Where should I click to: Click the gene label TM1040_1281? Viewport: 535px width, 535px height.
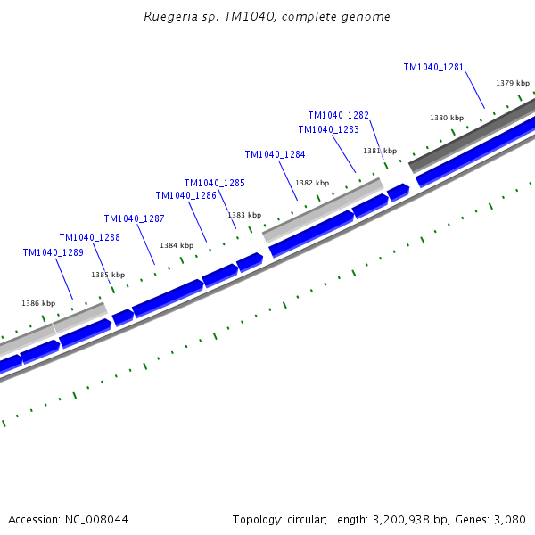(433, 67)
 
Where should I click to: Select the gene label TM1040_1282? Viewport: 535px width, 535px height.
(338, 115)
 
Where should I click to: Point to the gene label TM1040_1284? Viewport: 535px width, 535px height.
(275, 154)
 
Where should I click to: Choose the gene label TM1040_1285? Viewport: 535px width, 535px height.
(214, 183)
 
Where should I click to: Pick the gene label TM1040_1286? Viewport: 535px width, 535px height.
(185, 195)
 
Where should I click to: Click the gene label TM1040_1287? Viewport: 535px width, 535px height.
(134, 218)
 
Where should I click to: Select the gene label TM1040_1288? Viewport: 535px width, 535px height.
(89, 237)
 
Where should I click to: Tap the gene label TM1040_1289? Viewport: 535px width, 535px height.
(53, 252)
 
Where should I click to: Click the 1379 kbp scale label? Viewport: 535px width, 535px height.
(513, 83)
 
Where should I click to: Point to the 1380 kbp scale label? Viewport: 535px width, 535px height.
(447, 118)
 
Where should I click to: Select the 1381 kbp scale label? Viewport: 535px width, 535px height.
(380, 151)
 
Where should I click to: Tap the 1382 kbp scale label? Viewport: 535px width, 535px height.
(312, 183)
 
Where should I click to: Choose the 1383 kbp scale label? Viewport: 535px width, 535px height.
(244, 215)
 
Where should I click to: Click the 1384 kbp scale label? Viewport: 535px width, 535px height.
(177, 245)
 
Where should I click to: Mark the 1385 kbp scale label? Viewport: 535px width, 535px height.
(108, 275)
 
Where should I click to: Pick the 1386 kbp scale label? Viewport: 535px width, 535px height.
(38, 303)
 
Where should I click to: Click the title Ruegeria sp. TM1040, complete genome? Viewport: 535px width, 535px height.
(267, 17)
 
